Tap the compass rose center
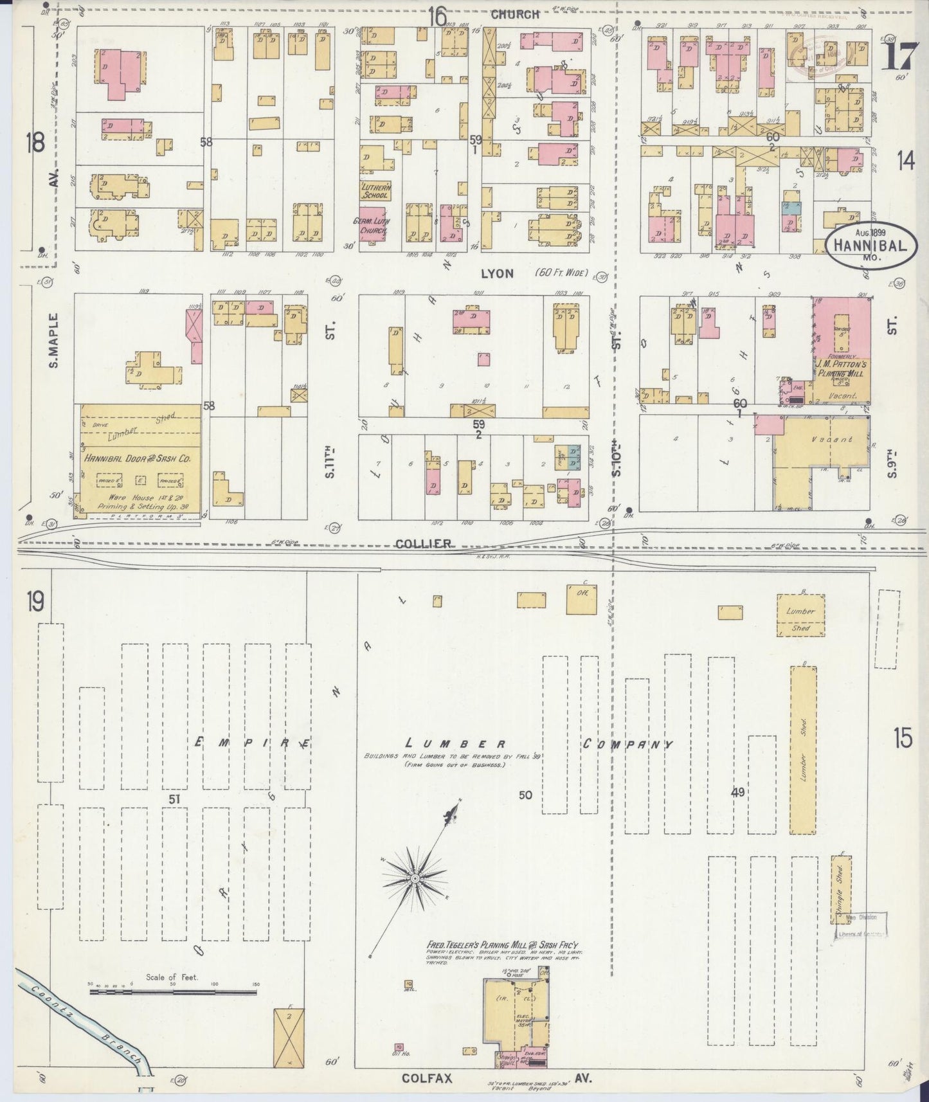415,878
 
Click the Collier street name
422,544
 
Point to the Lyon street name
497,274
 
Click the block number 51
173,799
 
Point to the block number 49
737,792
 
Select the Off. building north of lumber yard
581,599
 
